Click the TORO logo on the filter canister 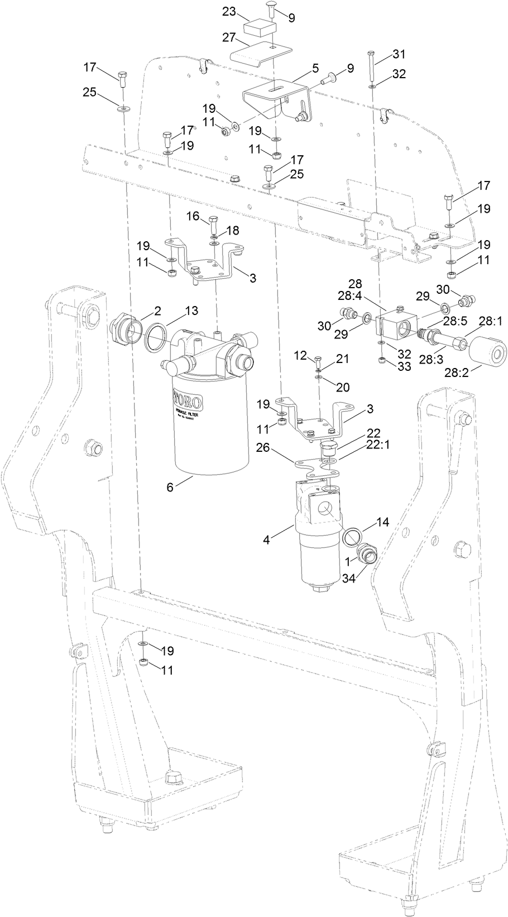pos(187,401)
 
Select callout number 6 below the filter pos(170,486)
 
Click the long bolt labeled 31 pos(372,65)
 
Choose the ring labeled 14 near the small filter pos(351,537)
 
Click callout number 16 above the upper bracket pos(193,216)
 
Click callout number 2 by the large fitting pos(157,310)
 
